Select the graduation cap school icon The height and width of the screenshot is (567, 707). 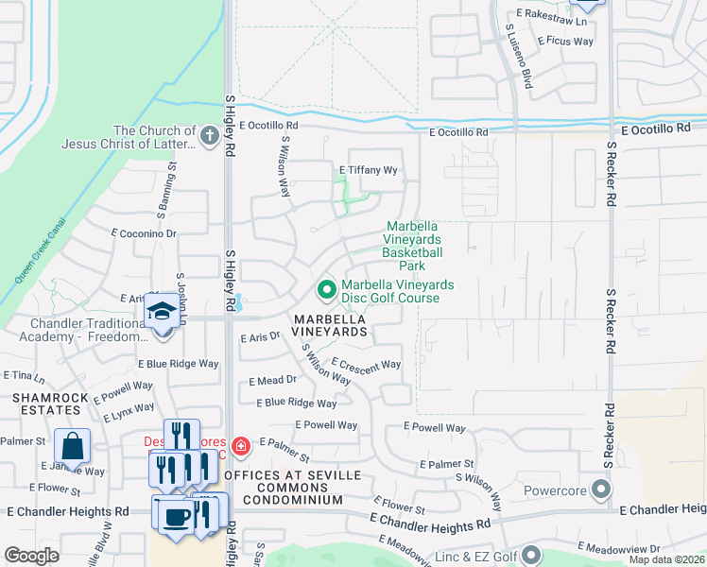click(x=163, y=311)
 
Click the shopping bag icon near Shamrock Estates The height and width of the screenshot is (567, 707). click(x=73, y=445)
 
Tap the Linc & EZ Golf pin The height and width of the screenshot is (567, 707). click(x=530, y=555)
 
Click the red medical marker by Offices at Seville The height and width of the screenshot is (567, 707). click(x=241, y=445)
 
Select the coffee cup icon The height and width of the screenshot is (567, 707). click(x=176, y=516)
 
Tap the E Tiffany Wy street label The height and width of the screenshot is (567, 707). click(x=369, y=170)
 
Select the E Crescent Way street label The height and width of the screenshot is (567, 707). click(x=366, y=364)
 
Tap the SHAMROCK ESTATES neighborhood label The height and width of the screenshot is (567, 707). click(x=46, y=404)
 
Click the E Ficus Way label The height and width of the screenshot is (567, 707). click(x=565, y=41)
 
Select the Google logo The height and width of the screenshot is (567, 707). click(x=32, y=556)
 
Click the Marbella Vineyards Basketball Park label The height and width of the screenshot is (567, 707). click(x=412, y=246)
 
